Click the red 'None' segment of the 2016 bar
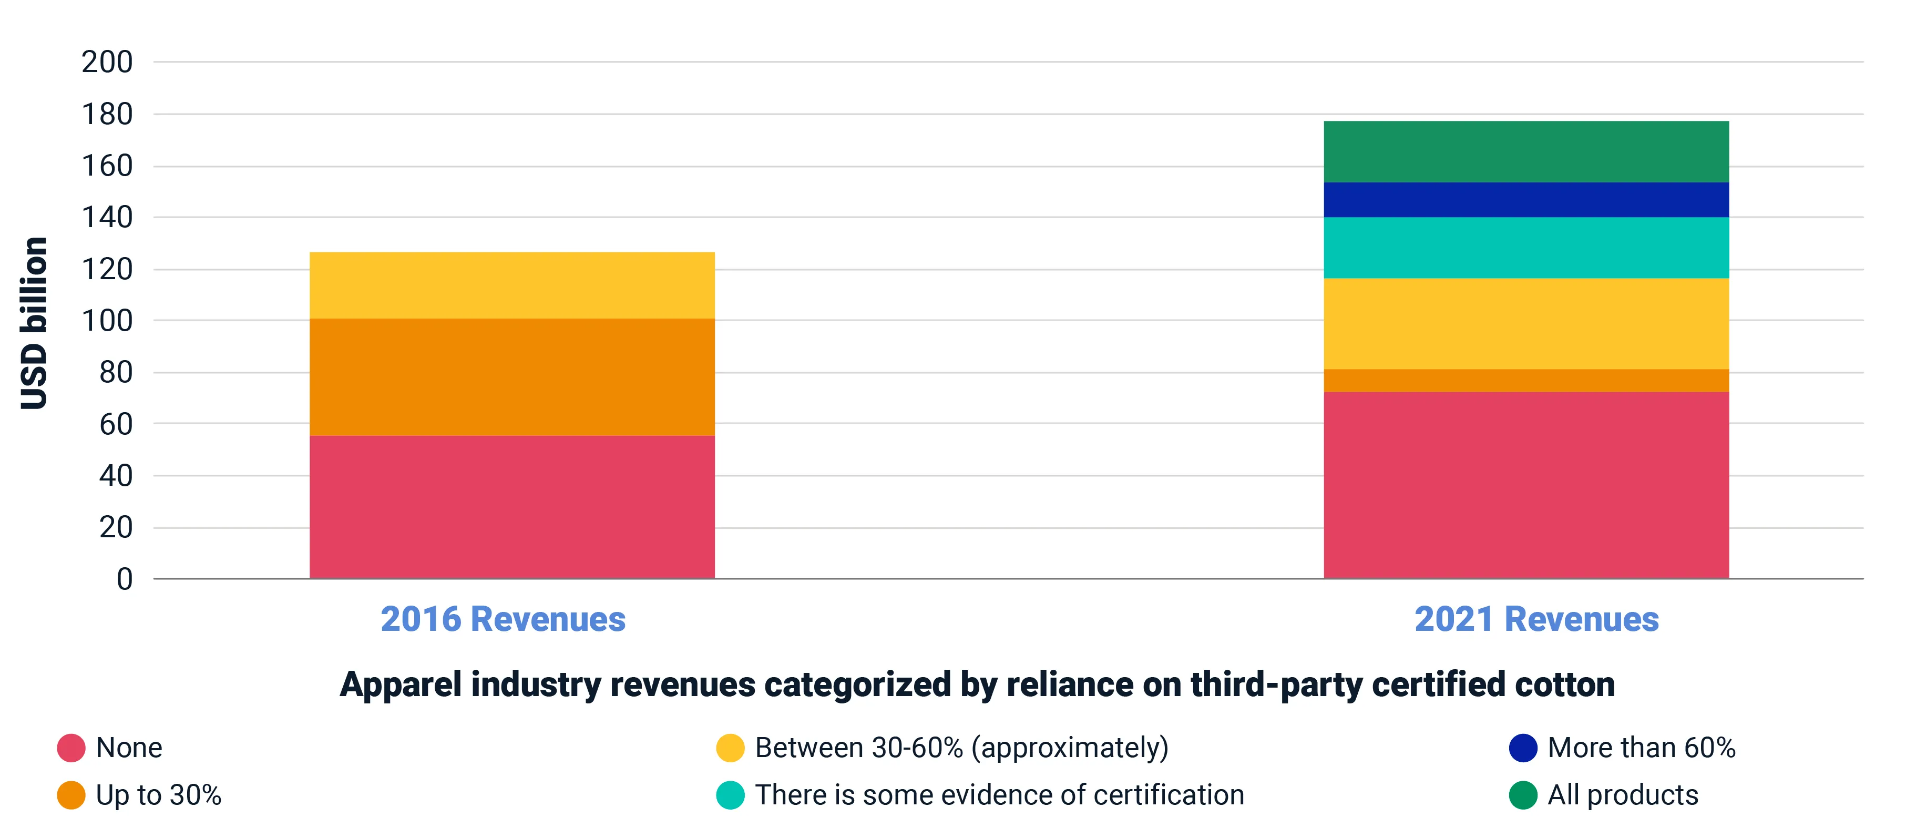click(512, 507)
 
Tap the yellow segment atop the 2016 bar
click(512, 285)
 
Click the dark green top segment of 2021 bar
click(1525, 152)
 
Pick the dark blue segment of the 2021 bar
click(1525, 200)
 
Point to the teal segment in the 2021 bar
click(1525, 248)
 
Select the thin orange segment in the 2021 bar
click(1525, 380)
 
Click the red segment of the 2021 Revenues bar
click(1525, 485)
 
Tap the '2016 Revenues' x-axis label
click(503, 619)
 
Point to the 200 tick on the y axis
click(107, 62)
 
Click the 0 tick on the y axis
click(124, 579)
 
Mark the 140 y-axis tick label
click(107, 218)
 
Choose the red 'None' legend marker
click(71, 748)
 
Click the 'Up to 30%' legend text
click(158, 795)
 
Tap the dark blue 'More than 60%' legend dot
click(1523, 748)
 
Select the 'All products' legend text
click(1623, 795)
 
